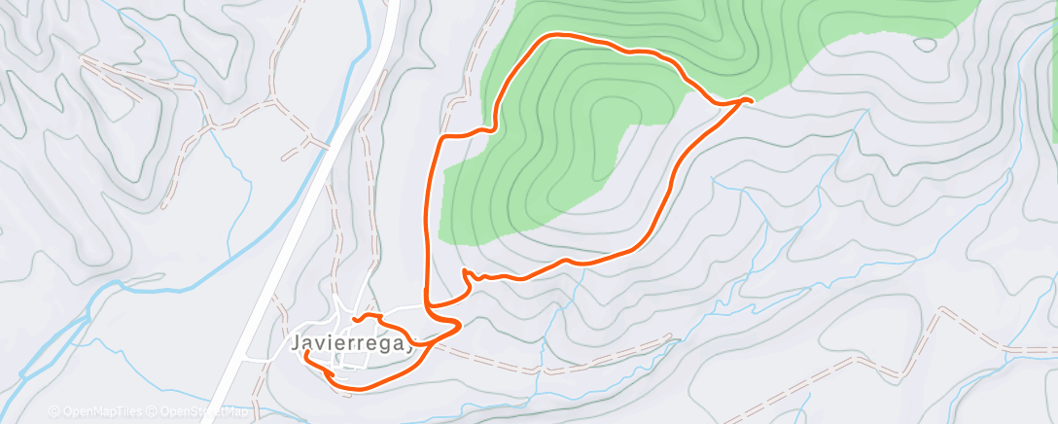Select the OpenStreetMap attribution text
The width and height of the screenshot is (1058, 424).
click(x=203, y=411)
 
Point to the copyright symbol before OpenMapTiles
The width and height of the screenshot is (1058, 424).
click(x=53, y=411)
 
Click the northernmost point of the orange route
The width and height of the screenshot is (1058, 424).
click(x=559, y=35)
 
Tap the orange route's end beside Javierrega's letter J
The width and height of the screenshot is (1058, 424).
click(x=306, y=354)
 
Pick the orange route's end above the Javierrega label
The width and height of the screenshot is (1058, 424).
click(x=356, y=317)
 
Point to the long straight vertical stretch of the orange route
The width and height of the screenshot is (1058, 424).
click(x=429, y=224)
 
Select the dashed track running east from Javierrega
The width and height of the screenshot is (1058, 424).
click(x=545, y=370)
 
